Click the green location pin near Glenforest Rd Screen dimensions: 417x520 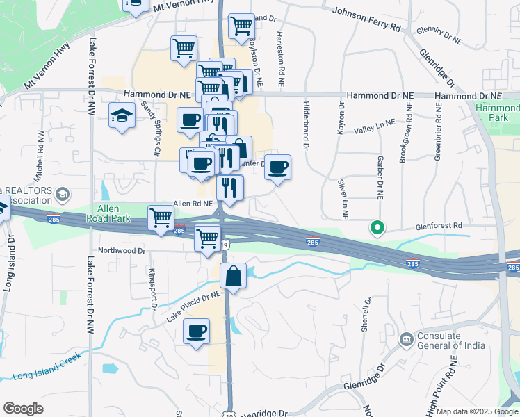377,227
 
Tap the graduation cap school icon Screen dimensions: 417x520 122,115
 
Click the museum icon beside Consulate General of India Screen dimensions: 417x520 405,340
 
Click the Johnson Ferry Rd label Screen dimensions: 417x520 366,19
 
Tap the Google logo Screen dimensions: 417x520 24,409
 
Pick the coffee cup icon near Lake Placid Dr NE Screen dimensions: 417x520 197,330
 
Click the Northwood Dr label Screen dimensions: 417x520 122,251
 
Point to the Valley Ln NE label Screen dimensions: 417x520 374,126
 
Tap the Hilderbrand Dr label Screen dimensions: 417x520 306,124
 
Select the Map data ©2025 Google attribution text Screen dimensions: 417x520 477,411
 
